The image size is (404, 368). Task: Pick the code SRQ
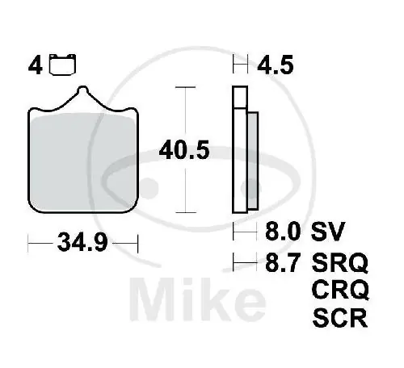tap(339, 262)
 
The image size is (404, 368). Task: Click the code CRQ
tap(339, 289)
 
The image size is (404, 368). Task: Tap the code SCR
tap(339, 316)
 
